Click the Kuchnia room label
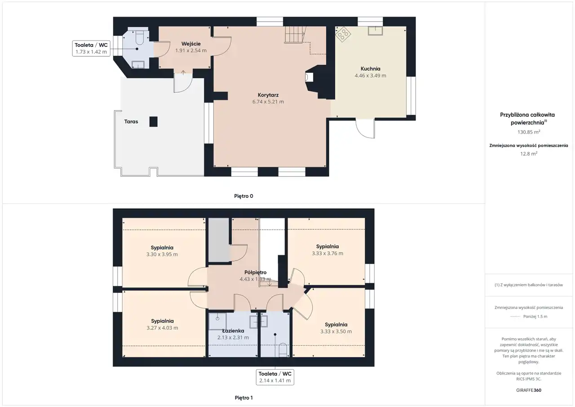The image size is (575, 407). pos(370,69)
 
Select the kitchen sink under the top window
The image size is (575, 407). pos(375,31)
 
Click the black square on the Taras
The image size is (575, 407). pos(154,121)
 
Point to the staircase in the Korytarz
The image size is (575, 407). pos(295,35)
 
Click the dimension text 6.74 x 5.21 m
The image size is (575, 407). pos(268,102)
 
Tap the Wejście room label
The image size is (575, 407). pos(191,44)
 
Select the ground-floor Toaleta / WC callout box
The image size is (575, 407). pos(91,48)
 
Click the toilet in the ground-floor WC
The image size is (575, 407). pos(139,37)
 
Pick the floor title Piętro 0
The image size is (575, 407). pos(243,196)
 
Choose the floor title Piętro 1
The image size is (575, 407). pos(243,398)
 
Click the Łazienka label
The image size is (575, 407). pos(233,331)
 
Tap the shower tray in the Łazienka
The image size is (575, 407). pos(217,321)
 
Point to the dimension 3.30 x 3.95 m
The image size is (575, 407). pos(162,255)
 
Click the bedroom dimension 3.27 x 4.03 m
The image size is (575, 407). pos(162,328)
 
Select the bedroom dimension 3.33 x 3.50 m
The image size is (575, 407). pos(336,331)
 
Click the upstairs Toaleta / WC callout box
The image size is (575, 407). pos(275,377)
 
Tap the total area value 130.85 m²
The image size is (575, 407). pos(529,132)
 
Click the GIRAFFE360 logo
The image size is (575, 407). pos(529,390)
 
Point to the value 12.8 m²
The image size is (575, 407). pos(529,154)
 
